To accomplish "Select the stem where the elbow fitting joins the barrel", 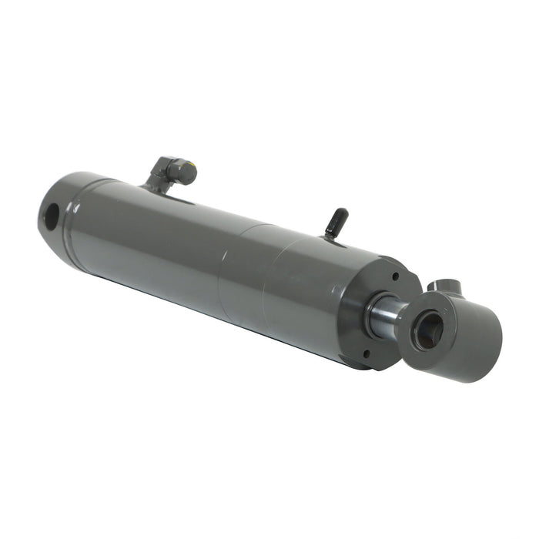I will coord(154,186).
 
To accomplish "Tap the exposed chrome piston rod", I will coord(383,316).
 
